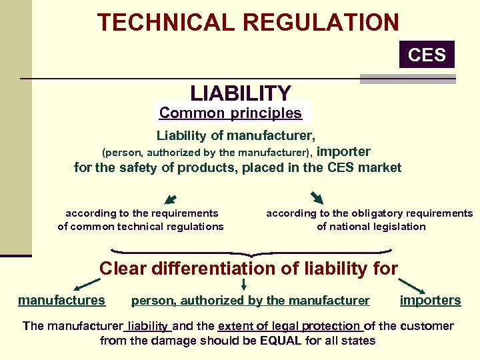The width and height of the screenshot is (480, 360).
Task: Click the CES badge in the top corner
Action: (427, 54)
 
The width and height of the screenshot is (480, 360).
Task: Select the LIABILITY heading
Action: (241, 93)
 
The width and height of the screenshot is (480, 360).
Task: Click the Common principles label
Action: (231, 113)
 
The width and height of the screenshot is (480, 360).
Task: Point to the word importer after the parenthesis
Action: (343, 151)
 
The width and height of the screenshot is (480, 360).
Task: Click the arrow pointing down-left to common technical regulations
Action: (170, 198)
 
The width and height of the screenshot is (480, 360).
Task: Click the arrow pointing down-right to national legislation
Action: (317, 197)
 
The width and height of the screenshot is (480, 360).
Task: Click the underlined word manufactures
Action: (61, 301)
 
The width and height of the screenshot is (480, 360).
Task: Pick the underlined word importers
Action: (430, 301)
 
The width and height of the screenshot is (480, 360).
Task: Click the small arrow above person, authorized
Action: (244, 284)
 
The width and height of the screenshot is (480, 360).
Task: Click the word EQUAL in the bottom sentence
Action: (283, 341)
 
